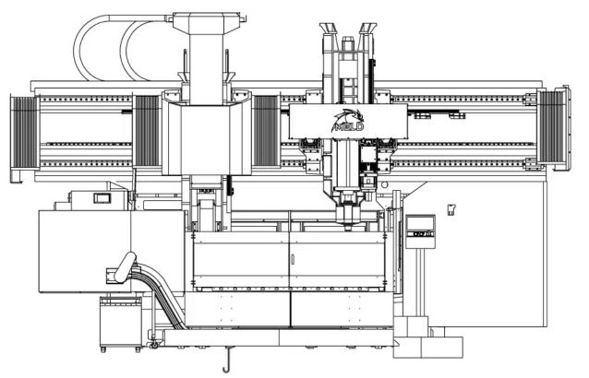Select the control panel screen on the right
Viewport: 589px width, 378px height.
point(421,223)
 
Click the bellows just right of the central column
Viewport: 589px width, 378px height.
point(266,134)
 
